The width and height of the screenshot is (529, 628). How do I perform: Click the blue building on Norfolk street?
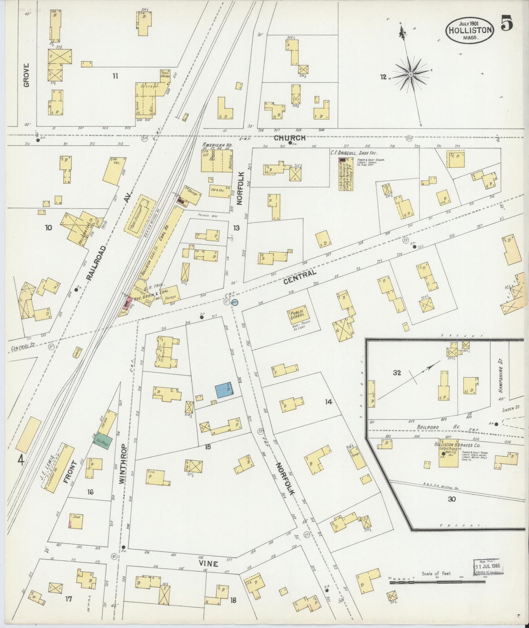click(224, 390)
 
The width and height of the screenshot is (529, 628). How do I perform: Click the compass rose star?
click(410, 74)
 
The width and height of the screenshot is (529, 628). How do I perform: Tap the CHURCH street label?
click(290, 138)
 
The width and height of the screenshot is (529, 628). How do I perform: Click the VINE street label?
click(209, 564)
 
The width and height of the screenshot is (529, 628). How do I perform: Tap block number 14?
click(328, 402)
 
